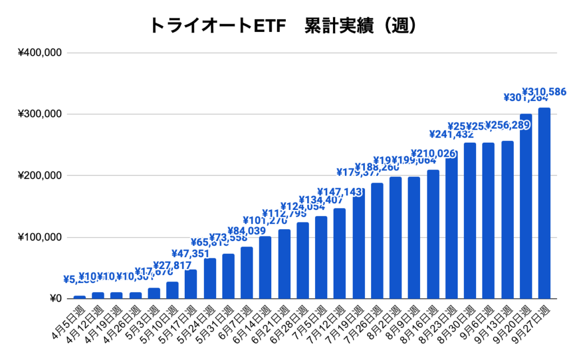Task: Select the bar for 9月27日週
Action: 544,203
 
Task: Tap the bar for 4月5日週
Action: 80,297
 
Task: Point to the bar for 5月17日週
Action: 191,284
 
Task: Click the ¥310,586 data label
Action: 544,92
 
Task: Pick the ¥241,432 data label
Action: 451,134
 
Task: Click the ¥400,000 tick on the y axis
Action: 40,53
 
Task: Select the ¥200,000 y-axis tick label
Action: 40,176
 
